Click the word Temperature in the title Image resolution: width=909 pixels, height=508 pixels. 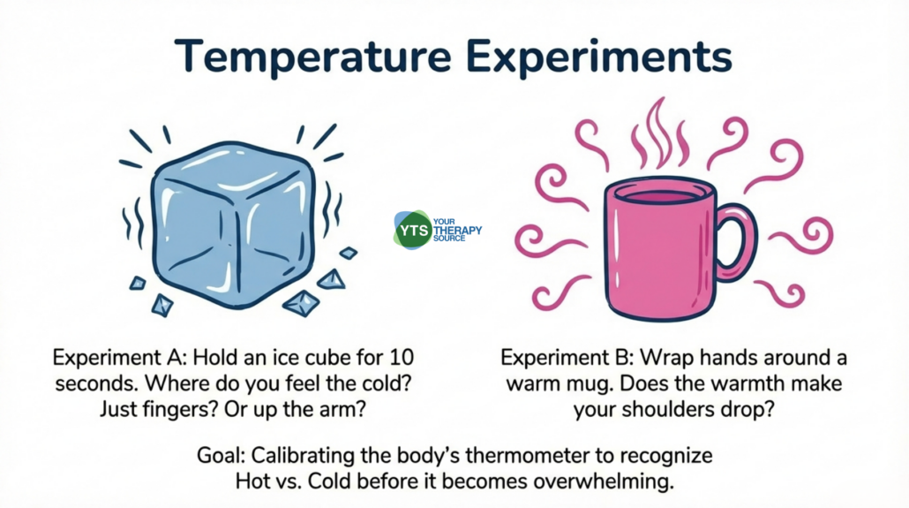tap(313, 57)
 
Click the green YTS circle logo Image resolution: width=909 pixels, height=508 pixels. tap(413, 231)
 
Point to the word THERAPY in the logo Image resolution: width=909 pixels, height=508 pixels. tap(457, 231)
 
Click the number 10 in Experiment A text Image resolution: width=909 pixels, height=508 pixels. tap(402, 357)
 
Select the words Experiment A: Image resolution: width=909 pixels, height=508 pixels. tap(119, 358)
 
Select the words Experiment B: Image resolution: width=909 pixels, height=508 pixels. tap(567, 358)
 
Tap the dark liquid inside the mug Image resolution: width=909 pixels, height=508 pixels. tap(660, 196)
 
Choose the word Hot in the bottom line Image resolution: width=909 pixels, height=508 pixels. tap(252, 481)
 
